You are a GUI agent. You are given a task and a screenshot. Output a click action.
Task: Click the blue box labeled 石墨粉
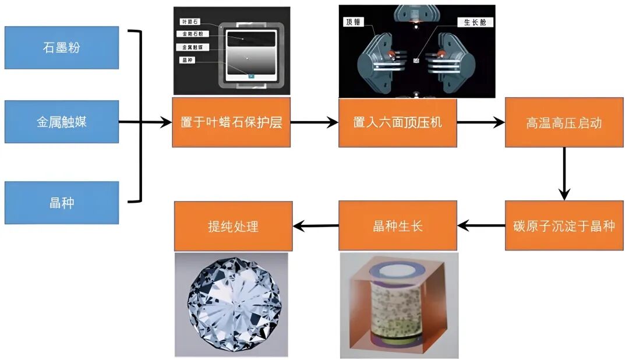pyautogui.click(x=62, y=47)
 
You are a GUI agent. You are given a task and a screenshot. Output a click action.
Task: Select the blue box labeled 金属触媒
pyautogui.click(x=62, y=122)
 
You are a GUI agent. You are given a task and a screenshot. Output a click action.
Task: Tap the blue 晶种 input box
pyautogui.click(x=62, y=202)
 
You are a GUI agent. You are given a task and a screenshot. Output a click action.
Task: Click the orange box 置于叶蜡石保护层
pyautogui.click(x=231, y=122)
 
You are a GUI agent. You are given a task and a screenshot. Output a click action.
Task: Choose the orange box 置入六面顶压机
pyautogui.click(x=398, y=122)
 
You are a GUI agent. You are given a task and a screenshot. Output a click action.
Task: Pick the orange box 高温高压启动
pyautogui.click(x=564, y=122)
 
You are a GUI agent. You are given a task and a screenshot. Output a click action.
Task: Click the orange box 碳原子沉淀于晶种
pyautogui.click(x=564, y=225)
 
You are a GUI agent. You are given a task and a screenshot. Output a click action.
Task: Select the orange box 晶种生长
pyautogui.click(x=398, y=225)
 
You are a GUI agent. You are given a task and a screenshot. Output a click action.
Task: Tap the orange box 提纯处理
pyautogui.click(x=233, y=226)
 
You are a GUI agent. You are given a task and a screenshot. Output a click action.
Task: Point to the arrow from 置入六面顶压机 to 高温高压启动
pyautogui.click(x=480, y=122)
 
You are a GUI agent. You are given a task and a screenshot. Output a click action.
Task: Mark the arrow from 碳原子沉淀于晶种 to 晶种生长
pyautogui.click(x=481, y=225)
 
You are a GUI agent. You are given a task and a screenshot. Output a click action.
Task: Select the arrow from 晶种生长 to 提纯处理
pyautogui.click(x=316, y=225)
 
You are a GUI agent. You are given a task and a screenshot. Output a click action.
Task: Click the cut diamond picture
pyautogui.click(x=231, y=304)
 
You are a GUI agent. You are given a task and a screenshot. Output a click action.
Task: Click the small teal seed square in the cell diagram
pyautogui.click(x=251, y=75)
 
